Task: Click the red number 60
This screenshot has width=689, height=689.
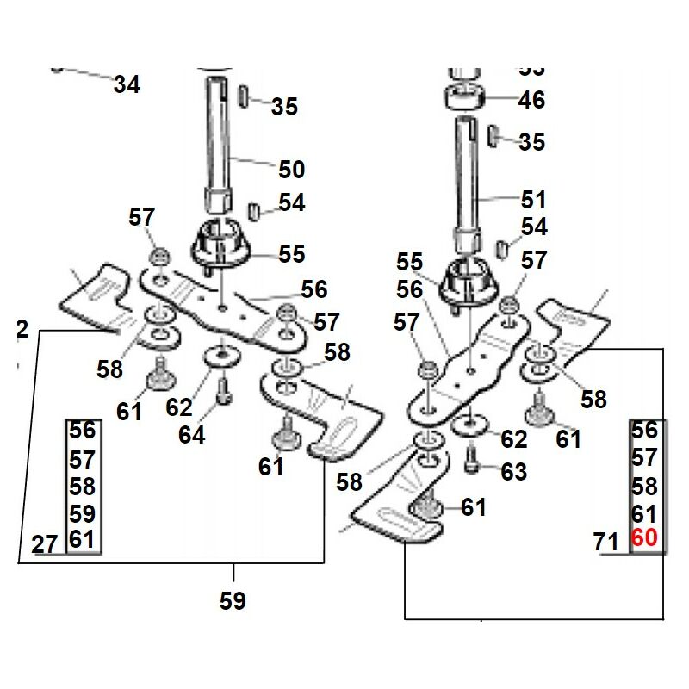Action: pos(644,539)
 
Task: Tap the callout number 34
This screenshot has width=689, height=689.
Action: pos(127,84)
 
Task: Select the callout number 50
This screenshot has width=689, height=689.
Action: pos(291,169)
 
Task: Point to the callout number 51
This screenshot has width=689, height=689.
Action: pos(533,200)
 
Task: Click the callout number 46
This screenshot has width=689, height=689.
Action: pos(531,100)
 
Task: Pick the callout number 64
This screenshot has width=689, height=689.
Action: pos(191,435)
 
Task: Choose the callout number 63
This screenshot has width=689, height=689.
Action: pos(513,472)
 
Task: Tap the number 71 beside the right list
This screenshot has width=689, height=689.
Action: pos(606,543)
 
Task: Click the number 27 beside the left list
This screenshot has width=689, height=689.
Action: pos(44,543)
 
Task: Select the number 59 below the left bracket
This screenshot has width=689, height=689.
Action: pos(233,600)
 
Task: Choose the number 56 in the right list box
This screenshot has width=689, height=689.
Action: pos(644,431)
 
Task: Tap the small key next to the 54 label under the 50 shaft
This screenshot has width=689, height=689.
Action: pos(254,209)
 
